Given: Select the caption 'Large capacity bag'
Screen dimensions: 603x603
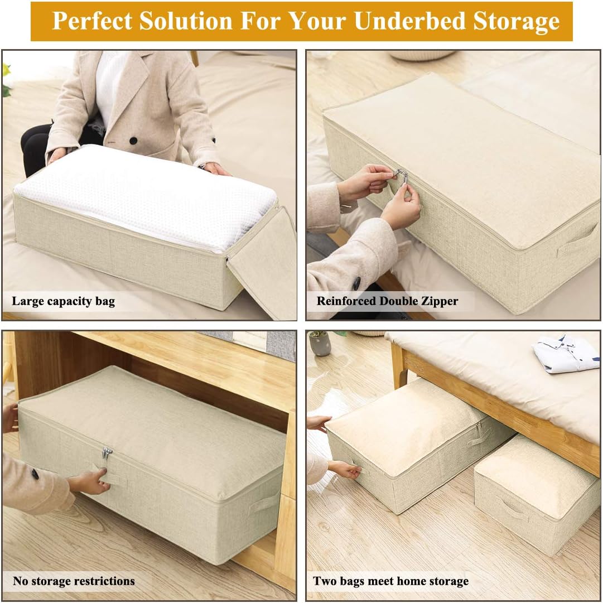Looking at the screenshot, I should pos(63,302).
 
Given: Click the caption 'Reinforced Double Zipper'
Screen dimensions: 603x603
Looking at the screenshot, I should pos(387,301).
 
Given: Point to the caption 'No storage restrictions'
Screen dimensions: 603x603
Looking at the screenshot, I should pos(74,581).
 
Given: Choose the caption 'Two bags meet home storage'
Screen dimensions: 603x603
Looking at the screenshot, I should pos(390,581).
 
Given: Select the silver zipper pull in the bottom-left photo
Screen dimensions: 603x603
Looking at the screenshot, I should pos(107,452).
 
